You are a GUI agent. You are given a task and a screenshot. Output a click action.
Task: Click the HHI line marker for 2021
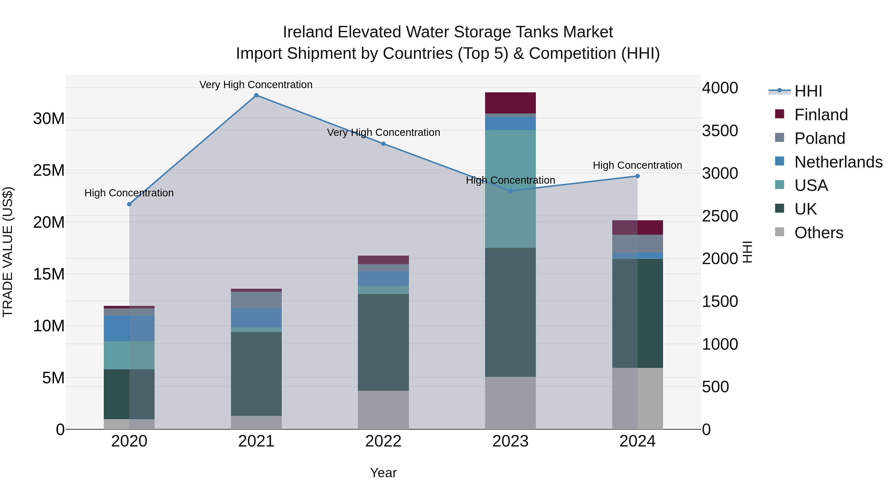pyautogui.click(x=256, y=95)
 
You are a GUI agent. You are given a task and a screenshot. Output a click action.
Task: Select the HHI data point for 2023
pyautogui.click(x=510, y=191)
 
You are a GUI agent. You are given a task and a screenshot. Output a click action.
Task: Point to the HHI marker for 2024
pyautogui.click(x=637, y=176)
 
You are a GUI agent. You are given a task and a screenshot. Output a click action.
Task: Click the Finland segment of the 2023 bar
pyautogui.click(x=510, y=103)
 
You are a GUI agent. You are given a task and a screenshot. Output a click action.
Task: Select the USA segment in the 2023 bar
pyautogui.click(x=510, y=189)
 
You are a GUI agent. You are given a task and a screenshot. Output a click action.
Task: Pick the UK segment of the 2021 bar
pyautogui.click(x=256, y=374)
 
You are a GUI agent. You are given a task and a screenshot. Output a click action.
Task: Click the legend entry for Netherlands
pyautogui.click(x=838, y=162)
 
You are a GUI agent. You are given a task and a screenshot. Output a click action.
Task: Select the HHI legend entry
pyautogui.click(x=808, y=91)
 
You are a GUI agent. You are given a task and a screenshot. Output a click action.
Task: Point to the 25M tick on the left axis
pyautogui.click(x=49, y=170)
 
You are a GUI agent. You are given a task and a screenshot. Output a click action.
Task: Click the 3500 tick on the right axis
pyautogui.click(x=720, y=131)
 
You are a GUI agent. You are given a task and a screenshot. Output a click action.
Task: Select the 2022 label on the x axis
pyautogui.click(x=383, y=441)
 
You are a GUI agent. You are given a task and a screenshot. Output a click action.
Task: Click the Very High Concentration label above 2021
pyautogui.click(x=256, y=85)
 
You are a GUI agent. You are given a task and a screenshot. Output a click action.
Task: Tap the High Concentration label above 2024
pyautogui.click(x=637, y=165)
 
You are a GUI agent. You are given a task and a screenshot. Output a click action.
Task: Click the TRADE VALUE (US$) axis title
pyautogui.click(x=8, y=252)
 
